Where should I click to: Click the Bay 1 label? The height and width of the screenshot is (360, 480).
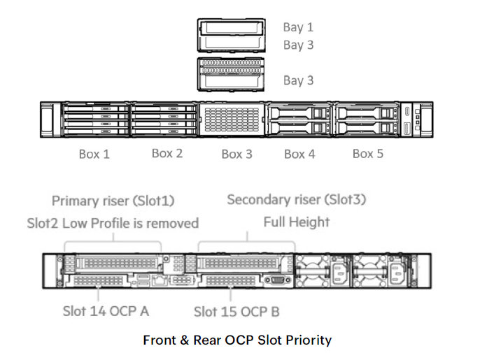pyautogui.click(x=298, y=27)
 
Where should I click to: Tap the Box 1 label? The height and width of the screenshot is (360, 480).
pyautogui.click(x=94, y=154)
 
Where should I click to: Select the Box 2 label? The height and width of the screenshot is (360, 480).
pyautogui.click(x=167, y=153)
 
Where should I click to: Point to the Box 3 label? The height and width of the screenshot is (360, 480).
pyautogui.click(x=237, y=154)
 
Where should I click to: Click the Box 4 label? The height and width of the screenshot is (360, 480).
pyautogui.click(x=299, y=154)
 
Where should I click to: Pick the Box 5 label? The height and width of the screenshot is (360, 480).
pyautogui.click(x=367, y=153)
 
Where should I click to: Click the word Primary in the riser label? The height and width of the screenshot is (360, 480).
pyautogui.click(x=75, y=201)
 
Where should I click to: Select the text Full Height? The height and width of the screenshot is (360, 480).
pyautogui.click(x=296, y=223)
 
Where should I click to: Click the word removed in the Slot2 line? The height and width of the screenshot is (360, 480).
pyautogui.click(x=174, y=224)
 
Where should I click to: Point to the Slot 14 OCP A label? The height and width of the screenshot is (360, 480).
pyautogui.click(x=105, y=310)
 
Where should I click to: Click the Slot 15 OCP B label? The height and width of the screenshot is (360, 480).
pyautogui.click(x=237, y=310)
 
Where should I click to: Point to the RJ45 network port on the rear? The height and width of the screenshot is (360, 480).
pyautogui.click(x=160, y=280)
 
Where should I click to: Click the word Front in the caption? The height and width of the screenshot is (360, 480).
pyautogui.click(x=159, y=340)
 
